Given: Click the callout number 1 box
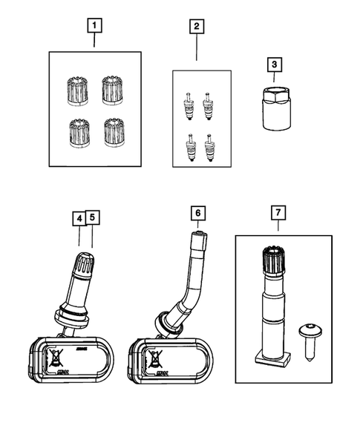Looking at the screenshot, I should [x=94, y=26].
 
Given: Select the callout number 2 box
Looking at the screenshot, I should [x=196, y=27].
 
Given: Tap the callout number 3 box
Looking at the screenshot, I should [x=274, y=66].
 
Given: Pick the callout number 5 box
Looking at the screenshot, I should [x=92, y=218].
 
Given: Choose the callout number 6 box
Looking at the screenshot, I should [x=197, y=213].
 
